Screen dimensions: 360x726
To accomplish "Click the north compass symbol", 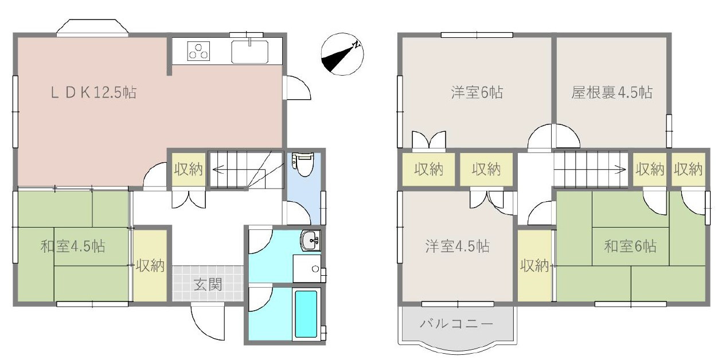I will coord(342,54).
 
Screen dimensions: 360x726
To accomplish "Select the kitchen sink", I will coord(249,52).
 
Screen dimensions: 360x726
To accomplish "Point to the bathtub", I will coord(305,314).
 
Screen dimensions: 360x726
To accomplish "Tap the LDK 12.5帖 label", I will coord(93,92).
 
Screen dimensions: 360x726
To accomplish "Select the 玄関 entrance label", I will coord(207,284).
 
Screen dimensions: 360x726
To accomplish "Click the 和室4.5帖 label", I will coord(72,247).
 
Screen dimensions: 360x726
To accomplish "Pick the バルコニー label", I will coord(456,324).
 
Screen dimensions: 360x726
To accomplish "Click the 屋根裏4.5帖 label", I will coord(611,92).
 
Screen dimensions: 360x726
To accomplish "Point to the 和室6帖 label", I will coord(630,247).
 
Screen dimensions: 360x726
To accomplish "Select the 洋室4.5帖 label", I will coord(457,247).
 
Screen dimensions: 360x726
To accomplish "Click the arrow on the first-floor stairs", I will coord(218,169).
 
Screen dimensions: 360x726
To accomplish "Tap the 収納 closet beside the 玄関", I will coord(150,265).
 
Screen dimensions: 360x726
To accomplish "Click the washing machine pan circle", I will coord(314,268).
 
